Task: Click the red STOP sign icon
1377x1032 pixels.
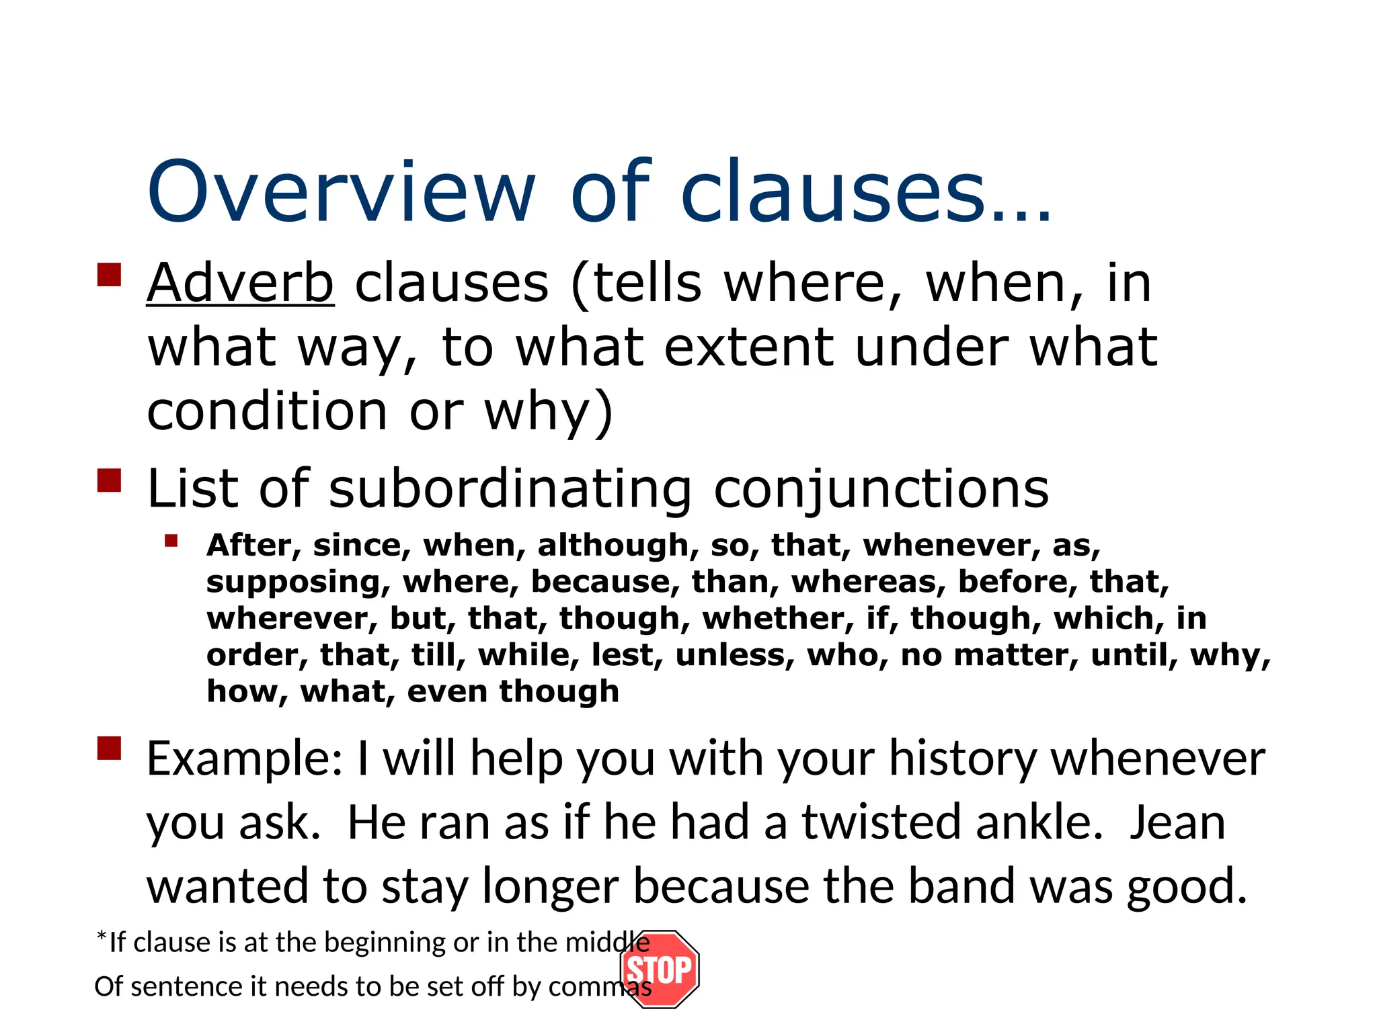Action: click(660, 970)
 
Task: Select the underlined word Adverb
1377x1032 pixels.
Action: click(240, 283)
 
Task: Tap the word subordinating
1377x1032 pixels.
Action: click(510, 488)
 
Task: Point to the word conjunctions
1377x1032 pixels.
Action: click(881, 488)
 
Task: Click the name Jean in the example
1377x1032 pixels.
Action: click(1177, 822)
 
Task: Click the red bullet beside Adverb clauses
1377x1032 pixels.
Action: click(109, 275)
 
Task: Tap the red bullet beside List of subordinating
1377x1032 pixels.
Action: click(109, 480)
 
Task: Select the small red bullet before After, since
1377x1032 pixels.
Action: click(171, 541)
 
